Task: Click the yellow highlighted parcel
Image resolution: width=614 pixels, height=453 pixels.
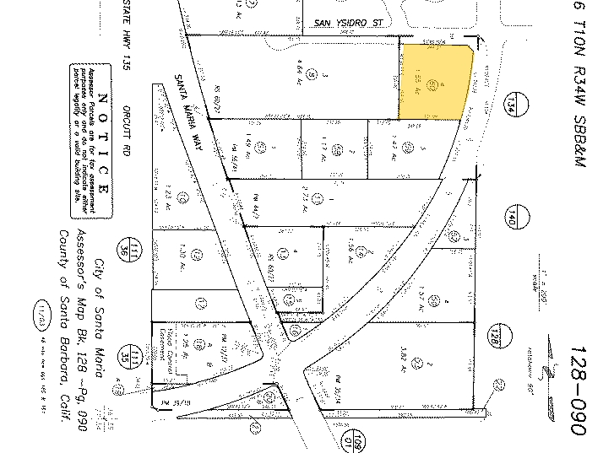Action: (x=434, y=82)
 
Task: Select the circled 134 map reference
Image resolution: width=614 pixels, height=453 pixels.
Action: (x=512, y=106)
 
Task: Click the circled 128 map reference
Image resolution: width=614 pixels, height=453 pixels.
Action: (x=497, y=337)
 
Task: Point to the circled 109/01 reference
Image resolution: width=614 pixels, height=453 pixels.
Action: (x=357, y=440)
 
